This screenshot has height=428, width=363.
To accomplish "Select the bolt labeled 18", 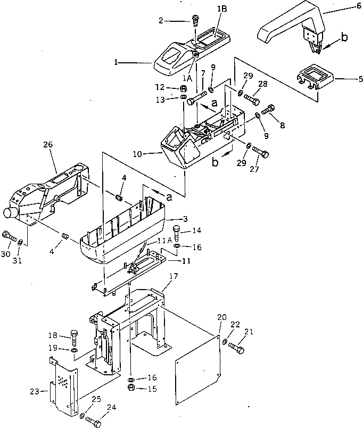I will click(75, 339).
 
